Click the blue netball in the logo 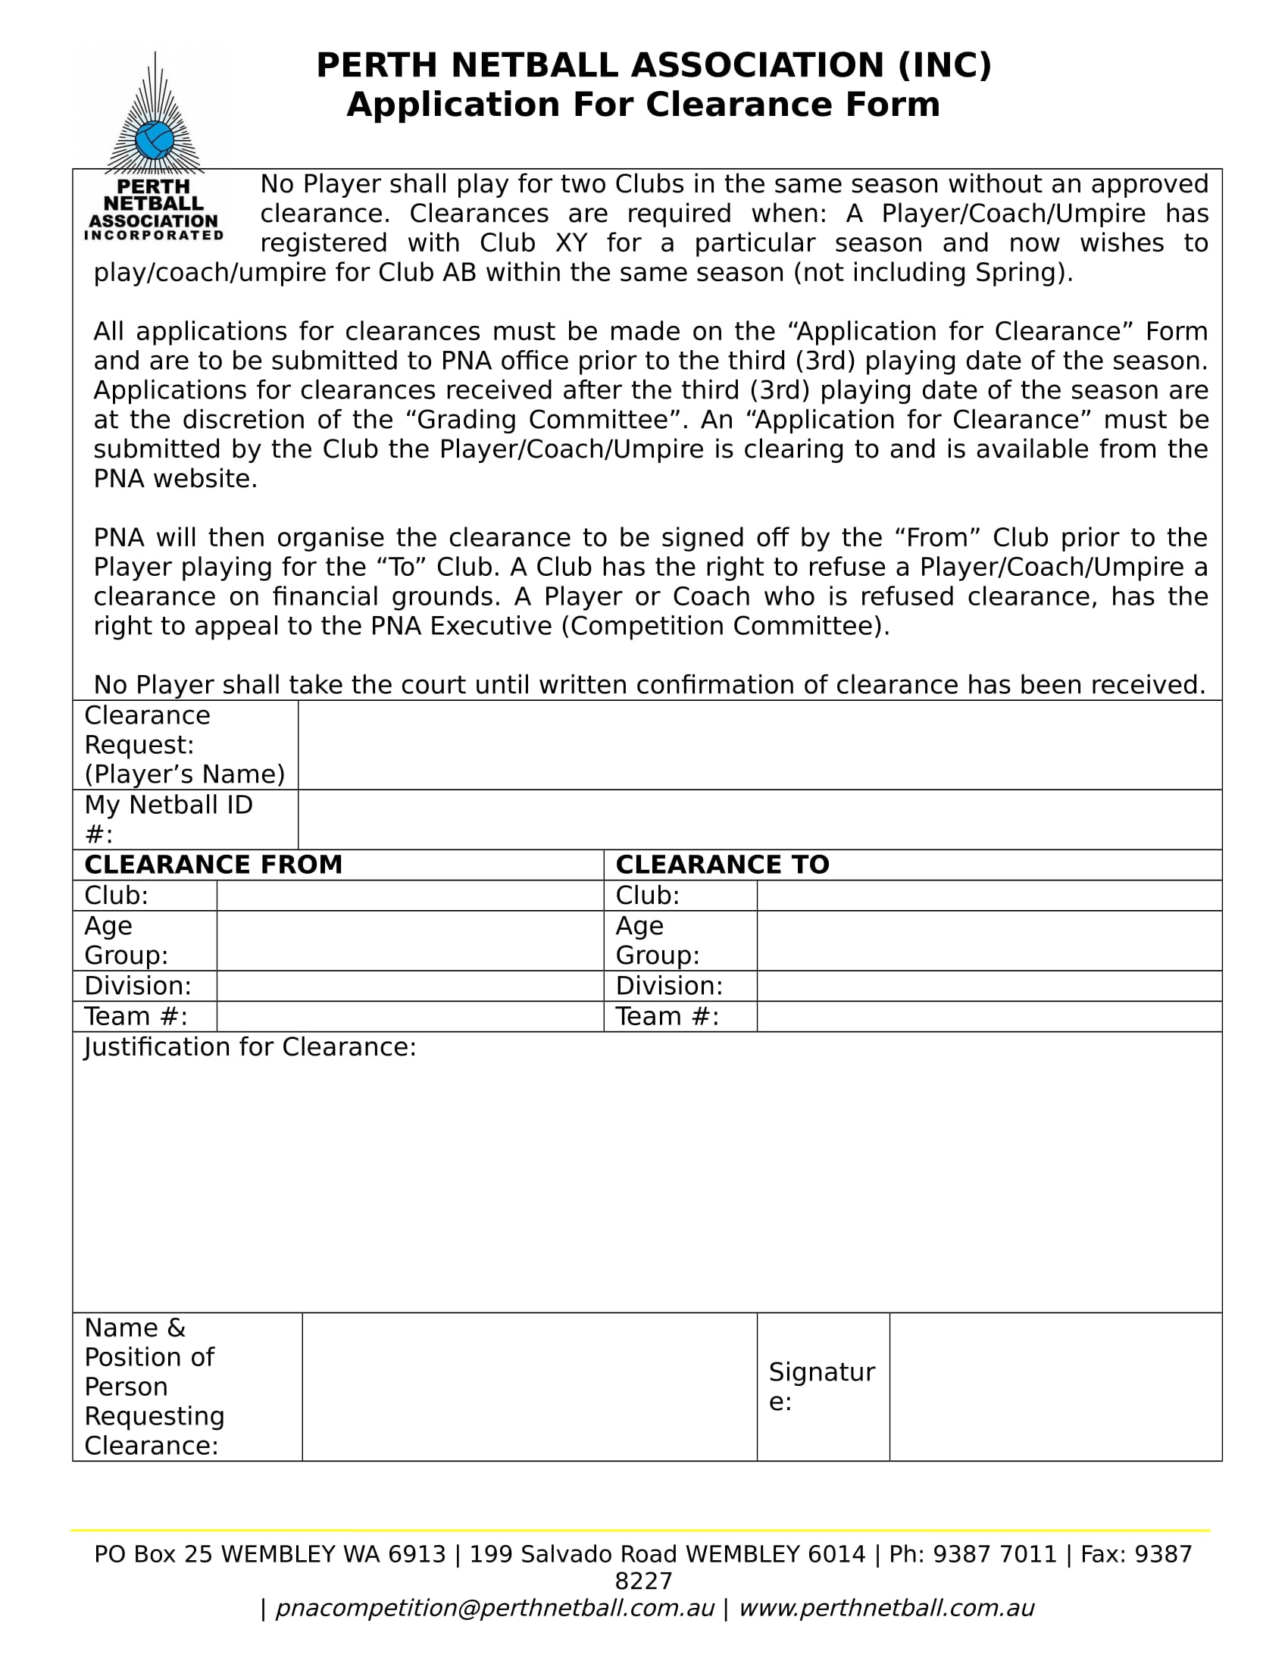[x=155, y=140]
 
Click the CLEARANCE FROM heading [x=213, y=864]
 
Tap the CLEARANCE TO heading [x=722, y=864]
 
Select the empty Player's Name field [x=759, y=744]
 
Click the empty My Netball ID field [x=759, y=819]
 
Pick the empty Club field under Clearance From [x=410, y=895]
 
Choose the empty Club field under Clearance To [x=989, y=895]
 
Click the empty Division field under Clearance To [x=989, y=985]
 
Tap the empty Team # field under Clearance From [x=410, y=1016]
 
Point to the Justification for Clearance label [x=250, y=1046]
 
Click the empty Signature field [x=1055, y=1387]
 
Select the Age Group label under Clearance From [x=126, y=940]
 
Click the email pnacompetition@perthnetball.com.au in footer [x=495, y=1607]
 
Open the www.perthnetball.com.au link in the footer [x=886, y=1607]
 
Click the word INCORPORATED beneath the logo [x=153, y=235]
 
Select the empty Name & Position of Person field [x=529, y=1387]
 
